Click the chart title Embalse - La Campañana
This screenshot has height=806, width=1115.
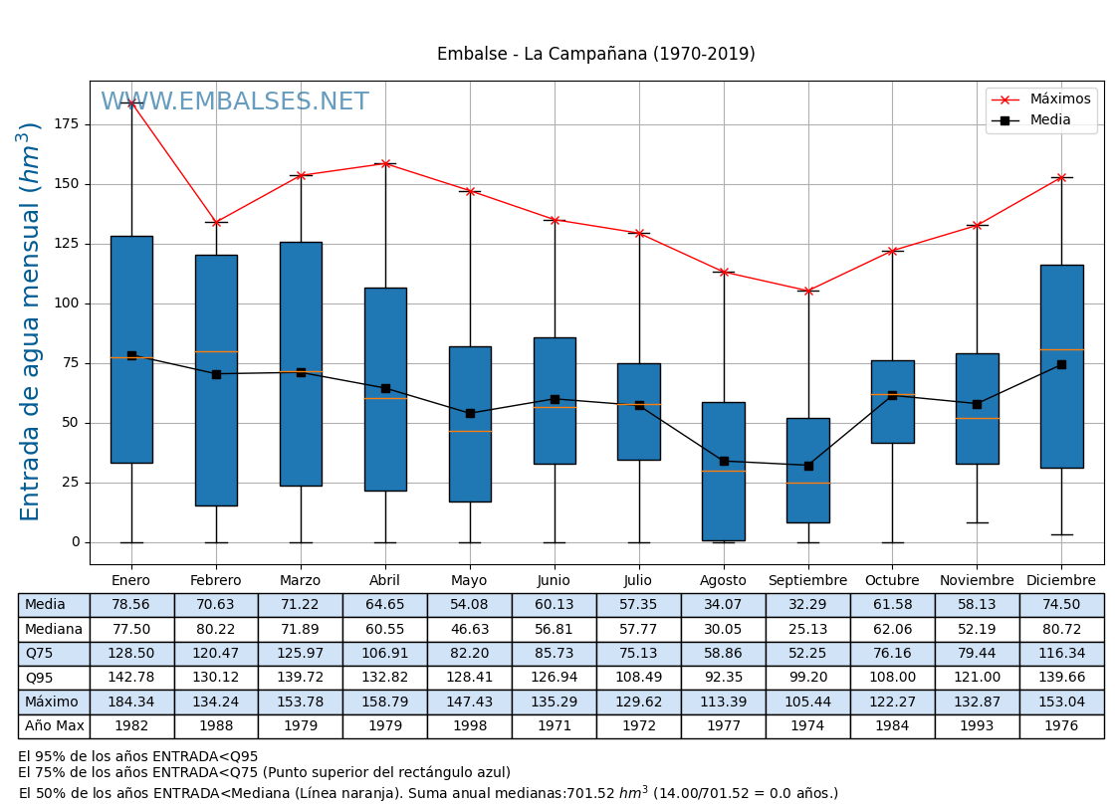(595, 55)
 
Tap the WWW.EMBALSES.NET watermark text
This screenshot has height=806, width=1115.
(235, 102)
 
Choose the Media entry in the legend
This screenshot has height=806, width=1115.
(1050, 120)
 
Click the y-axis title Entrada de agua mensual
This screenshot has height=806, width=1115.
(30, 321)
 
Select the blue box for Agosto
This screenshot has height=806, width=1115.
(723, 471)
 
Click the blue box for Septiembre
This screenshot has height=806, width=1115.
(807, 470)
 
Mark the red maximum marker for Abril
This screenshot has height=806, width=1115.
(385, 163)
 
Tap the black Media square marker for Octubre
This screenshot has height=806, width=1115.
(892, 395)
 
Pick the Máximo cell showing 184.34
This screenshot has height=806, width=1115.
(131, 703)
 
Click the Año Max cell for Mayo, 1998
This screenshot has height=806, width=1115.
(469, 726)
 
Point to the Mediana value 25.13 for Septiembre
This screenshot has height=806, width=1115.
(807, 630)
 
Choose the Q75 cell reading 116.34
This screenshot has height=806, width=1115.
(1061, 654)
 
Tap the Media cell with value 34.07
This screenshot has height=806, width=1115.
(723, 605)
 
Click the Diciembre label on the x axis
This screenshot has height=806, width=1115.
(1060, 581)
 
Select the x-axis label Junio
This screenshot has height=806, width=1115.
(554, 581)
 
